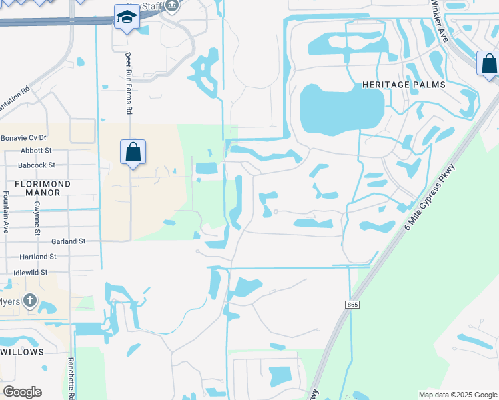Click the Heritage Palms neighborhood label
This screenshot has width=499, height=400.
tap(404, 85)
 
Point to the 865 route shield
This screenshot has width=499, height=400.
tap(352, 304)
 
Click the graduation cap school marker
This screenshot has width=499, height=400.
tap(125, 17)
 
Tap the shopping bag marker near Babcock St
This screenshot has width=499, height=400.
tap(133, 152)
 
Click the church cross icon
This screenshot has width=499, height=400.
tap(29, 301)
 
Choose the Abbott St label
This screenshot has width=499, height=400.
tap(36, 151)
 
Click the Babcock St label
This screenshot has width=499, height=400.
tap(37, 165)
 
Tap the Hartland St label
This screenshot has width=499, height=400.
tap(38, 257)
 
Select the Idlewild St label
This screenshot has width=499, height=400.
tap(31, 272)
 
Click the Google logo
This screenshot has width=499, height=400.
tap(23, 392)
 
